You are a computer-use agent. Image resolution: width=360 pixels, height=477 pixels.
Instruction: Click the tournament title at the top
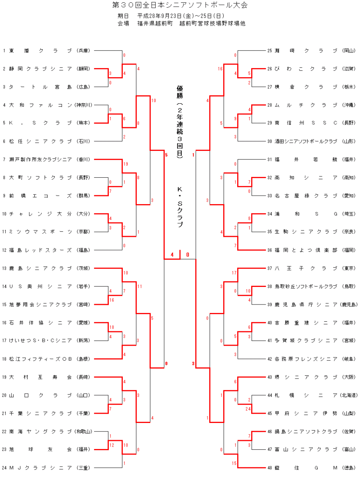point(180,5)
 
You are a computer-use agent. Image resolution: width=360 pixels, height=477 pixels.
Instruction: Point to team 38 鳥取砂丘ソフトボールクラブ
point(306,286)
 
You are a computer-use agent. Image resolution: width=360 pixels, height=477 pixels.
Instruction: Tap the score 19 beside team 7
point(126,164)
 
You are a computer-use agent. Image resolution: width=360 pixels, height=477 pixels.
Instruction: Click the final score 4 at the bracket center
point(172,255)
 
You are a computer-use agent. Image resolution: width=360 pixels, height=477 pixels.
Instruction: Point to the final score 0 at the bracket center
point(188,255)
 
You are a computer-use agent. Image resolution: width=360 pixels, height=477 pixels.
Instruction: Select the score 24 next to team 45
point(248,409)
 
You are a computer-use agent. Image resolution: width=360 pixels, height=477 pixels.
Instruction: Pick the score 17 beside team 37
point(234,273)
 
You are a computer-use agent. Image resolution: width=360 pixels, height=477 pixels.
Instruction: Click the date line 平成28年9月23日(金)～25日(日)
point(180,16)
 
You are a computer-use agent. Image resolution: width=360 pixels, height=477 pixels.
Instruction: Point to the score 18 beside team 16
point(112,327)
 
